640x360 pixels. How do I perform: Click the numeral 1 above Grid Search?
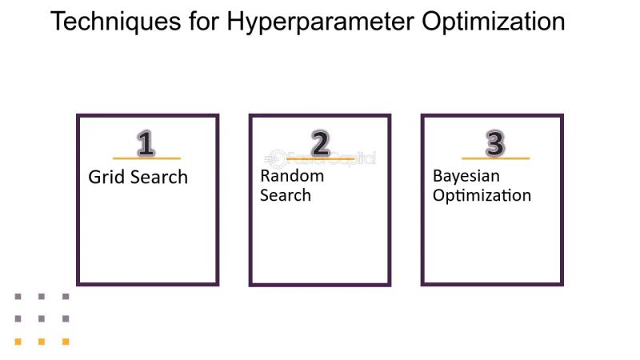146,144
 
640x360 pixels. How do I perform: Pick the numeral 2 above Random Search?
320,144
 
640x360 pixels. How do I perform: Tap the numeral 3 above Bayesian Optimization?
495,144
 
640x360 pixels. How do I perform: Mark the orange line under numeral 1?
146,158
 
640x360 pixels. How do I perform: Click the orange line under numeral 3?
495,158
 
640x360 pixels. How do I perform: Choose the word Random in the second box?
292,176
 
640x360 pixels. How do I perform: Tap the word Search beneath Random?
286,195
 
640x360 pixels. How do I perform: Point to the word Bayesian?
466,176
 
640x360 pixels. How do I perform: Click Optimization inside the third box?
482,196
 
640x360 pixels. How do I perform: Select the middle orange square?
42,342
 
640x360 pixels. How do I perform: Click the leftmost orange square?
18,342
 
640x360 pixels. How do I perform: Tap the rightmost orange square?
66,342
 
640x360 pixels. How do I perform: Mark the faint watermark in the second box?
320,158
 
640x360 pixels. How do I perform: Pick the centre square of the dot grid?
42,318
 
